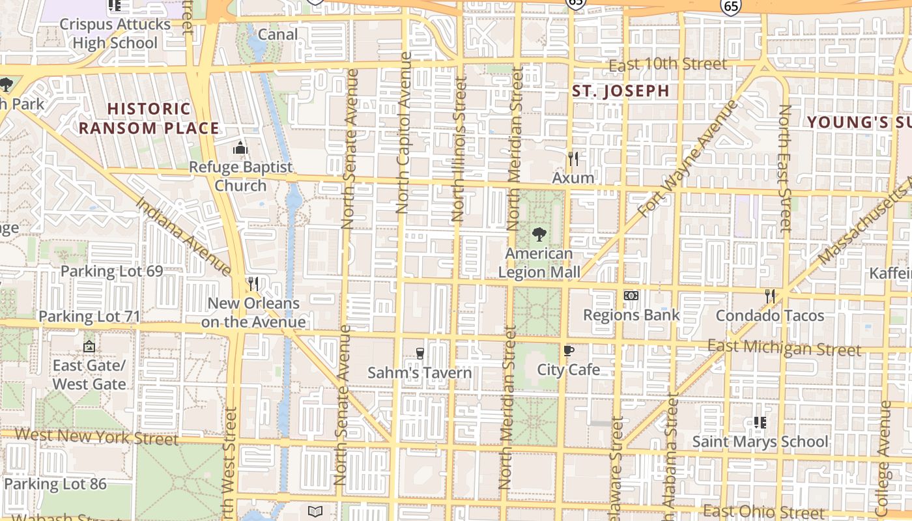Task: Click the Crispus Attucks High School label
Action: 115,34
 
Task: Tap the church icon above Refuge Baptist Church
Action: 240,148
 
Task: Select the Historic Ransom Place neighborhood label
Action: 149,119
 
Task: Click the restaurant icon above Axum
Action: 573,158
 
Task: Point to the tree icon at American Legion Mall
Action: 539,234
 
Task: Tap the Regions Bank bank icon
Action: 631,296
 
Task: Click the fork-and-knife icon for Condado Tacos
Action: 770,296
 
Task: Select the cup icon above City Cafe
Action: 569,351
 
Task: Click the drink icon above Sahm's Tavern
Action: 420,354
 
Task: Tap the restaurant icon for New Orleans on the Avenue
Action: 253,284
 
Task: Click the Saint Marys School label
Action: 760,442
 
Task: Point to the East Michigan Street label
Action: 784,348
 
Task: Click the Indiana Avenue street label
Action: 184,235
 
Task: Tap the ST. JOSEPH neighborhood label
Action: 620,91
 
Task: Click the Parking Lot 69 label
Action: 111,271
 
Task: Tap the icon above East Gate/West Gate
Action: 89,346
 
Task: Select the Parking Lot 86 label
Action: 55,484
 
